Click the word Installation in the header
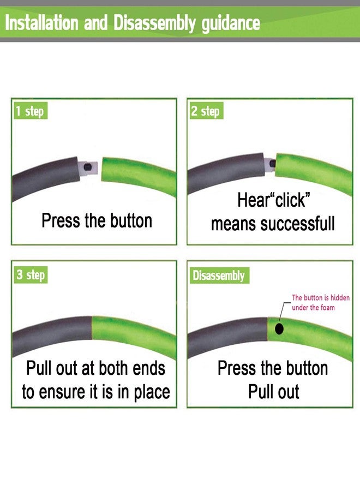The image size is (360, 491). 41,22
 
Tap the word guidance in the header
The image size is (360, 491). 231,24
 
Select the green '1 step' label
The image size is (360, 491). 31,111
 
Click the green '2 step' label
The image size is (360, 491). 206,111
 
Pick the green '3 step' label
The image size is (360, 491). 31,274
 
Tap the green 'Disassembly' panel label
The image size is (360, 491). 219,276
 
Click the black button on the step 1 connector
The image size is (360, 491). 88,167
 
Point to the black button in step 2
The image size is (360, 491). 273,163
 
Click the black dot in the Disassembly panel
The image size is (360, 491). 279,329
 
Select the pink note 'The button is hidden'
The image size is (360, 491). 321,297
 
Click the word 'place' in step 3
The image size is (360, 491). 152,393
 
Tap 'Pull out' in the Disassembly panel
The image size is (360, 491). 274,391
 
